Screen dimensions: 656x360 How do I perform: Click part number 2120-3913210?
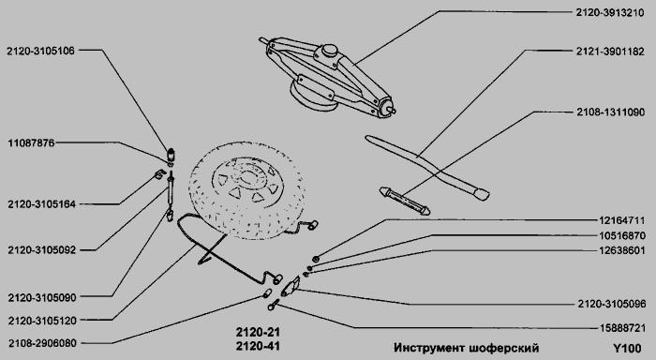pyautogui.click(x=610, y=12)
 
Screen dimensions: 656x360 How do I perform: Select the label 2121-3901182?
pyautogui.click(x=610, y=52)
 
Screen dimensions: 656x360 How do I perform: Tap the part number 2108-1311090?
pyautogui.click(x=610, y=112)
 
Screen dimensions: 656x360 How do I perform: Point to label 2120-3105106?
pyautogui.click(x=40, y=51)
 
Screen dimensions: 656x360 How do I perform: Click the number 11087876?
pyautogui.click(x=31, y=143)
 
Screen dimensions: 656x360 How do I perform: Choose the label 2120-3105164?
pyautogui.click(x=41, y=204)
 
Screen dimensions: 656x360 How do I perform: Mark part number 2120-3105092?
pyautogui.click(x=41, y=250)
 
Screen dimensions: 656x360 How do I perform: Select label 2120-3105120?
pyautogui.click(x=42, y=321)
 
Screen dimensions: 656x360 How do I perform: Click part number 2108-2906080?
pyautogui.click(x=42, y=343)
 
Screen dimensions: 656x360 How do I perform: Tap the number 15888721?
pyautogui.click(x=622, y=328)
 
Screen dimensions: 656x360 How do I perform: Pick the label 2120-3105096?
pyautogui.click(x=612, y=304)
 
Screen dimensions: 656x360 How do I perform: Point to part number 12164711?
pyautogui.click(x=621, y=220)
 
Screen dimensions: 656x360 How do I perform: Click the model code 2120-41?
pyautogui.click(x=258, y=346)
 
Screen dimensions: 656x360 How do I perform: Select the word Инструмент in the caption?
pyautogui.click(x=429, y=348)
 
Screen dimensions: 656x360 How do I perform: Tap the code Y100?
pyautogui.click(x=627, y=348)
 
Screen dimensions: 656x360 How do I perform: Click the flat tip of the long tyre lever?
pyautogui.click(x=481, y=194)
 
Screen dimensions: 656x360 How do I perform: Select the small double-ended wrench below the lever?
pyautogui.click(x=405, y=201)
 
